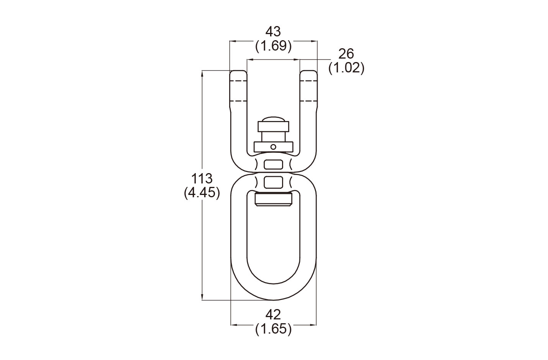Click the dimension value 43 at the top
(273, 31)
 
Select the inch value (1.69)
(273, 46)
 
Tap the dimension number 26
(346, 54)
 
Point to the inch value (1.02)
(346, 68)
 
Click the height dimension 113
(202, 179)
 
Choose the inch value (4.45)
(202, 193)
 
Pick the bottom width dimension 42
(273, 315)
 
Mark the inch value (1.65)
(273, 329)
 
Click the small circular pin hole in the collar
(274, 147)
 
